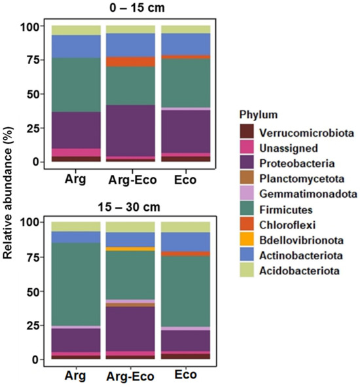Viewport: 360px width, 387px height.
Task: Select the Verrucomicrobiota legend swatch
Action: [247, 131]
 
